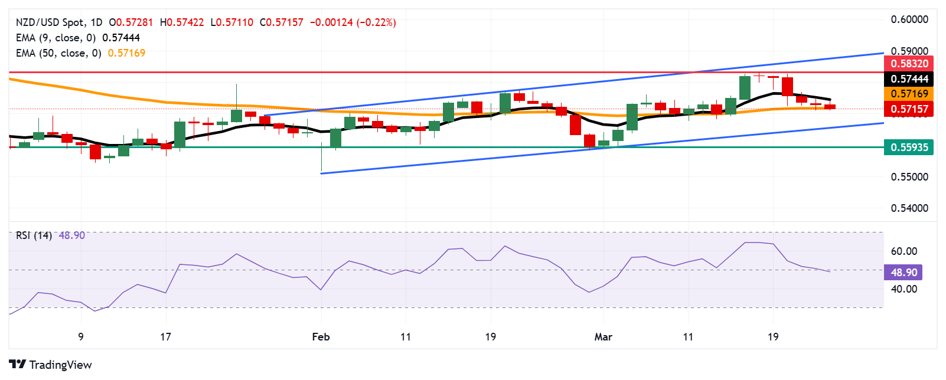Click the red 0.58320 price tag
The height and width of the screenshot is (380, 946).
[x=909, y=64]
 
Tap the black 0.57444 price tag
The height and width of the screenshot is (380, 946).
[x=909, y=79]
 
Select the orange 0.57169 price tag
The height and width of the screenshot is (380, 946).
[x=909, y=94]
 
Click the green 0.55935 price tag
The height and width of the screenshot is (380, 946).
[x=909, y=148]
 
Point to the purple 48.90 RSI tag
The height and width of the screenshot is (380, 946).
[x=903, y=273]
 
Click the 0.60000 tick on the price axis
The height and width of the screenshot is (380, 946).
[x=909, y=19]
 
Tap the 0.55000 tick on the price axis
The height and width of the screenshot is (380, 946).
[x=909, y=177]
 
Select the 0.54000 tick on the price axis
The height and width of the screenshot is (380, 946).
[x=909, y=208]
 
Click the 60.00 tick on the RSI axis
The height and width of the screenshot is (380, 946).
[x=904, y=251]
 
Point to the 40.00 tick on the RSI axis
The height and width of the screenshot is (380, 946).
[x=904, y=289]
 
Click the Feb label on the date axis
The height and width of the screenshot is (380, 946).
[x=321, y=337]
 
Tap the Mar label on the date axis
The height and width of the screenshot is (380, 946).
[x=603, y=337]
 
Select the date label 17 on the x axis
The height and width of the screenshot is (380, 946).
[x=165, y=337]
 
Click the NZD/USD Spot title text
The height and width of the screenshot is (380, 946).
[x=50, y=22]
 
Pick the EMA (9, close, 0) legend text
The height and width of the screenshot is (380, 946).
[x=56, y=38]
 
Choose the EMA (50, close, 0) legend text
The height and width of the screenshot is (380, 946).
[x=58, y=53]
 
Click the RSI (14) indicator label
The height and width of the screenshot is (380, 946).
[x=34, y=235]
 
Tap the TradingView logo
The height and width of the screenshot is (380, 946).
[x=51, y=365]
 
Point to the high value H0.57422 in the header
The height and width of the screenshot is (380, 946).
[x=182, y=22]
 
